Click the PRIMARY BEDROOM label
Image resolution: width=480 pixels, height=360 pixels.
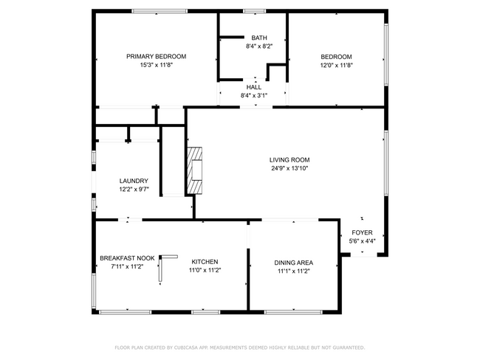tap(156, 56)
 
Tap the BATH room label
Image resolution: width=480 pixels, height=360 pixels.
tap(258, 38)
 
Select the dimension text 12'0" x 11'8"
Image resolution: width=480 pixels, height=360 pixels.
tap(336, 65)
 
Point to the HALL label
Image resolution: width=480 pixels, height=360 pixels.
tap(253, 87)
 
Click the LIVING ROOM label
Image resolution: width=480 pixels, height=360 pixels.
tap(289, 159)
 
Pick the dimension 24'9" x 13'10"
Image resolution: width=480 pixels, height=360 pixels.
tap(289, 168)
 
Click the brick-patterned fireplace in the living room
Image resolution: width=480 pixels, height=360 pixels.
tap(195, 170)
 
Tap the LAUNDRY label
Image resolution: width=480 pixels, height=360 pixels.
tap(134, 181)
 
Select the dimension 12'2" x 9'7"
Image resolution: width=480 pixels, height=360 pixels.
tap(134, 189)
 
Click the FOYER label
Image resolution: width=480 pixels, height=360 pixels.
tap(362, 232)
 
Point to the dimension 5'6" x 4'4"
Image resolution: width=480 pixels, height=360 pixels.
tap(362, 240)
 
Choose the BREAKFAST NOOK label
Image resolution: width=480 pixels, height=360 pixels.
tap(127, 258)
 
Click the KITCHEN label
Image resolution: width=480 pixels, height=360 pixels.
tap(205, 262)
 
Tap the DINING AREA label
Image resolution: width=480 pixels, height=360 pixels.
tap(294, 263)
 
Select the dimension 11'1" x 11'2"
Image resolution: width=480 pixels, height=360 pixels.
tap(294, 271)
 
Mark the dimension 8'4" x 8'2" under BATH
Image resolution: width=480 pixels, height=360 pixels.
tap(258, 46)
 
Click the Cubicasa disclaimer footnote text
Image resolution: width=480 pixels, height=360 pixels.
tap(239, 347)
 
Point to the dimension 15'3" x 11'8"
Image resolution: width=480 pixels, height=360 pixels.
tap(156, 65)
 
